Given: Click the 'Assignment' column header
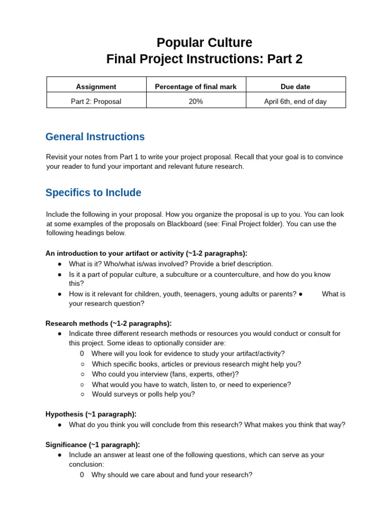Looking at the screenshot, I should [96, 87].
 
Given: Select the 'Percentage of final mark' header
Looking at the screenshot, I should [195, 87].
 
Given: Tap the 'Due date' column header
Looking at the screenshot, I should [295, 87].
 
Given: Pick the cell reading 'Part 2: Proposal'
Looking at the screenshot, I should [96, 101].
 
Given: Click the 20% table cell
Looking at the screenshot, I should [195, 101].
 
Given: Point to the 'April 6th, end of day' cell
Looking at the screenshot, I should [295, 101].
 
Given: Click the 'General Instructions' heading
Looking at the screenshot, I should [95, 137].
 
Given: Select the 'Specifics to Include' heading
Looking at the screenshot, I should [93, 193].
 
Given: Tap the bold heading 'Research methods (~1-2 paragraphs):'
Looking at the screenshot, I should [108, 323].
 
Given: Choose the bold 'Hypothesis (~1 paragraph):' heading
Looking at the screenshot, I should [91, 414].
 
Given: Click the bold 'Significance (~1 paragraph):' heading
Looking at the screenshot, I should [93, 445].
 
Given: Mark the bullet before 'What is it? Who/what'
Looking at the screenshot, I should [60, 264].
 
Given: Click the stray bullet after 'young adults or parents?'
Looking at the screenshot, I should [301, 294].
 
